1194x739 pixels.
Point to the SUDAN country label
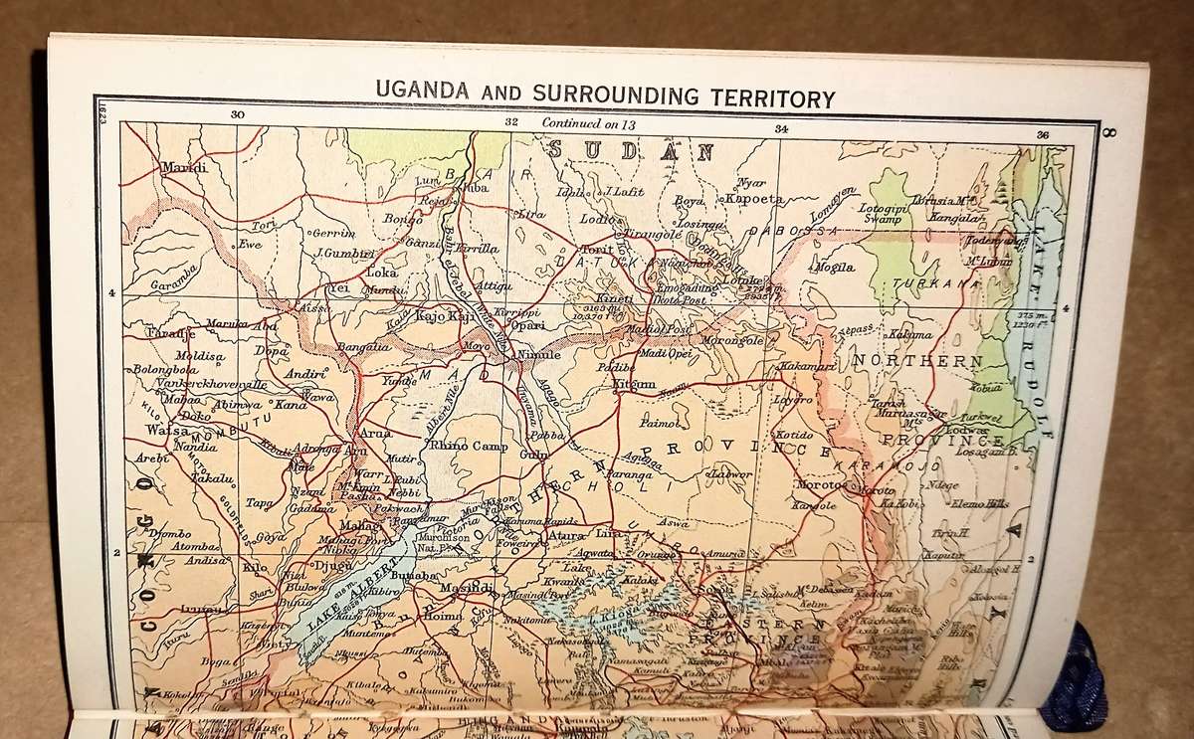[x=632, y=151]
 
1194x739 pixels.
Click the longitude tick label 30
[x=237, y=115]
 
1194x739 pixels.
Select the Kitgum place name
[x=634, y=384]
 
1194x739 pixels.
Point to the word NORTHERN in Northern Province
[x=914, y=361]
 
